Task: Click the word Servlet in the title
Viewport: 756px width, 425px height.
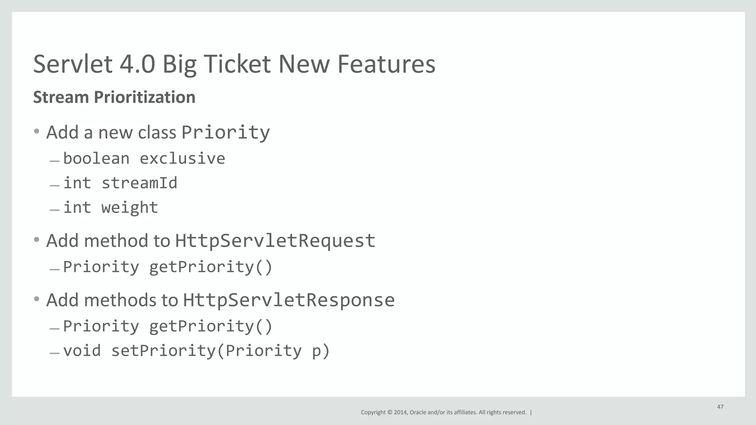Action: coord(73,64)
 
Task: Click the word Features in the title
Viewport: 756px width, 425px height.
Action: coord(386,64)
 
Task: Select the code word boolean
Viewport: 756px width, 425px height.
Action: coord(96,159)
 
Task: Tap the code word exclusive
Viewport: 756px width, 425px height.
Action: coord(182,159)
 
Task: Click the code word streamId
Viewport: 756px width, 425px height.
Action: coord(140,183)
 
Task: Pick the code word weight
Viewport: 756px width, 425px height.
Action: coord(130,208)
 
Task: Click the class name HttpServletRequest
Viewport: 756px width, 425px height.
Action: coord(275,241)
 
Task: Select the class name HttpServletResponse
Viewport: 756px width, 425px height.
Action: coord(289,300)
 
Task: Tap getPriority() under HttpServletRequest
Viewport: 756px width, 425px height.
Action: coord(211,267)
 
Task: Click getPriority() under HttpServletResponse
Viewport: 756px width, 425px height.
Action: coord(211,327)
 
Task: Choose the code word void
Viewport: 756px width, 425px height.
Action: coord(82,351)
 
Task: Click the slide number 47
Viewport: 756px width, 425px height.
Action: coord(720,407)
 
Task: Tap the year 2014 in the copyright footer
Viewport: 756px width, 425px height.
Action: coord(401,412)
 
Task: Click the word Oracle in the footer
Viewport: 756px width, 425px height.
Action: coord(418,412)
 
